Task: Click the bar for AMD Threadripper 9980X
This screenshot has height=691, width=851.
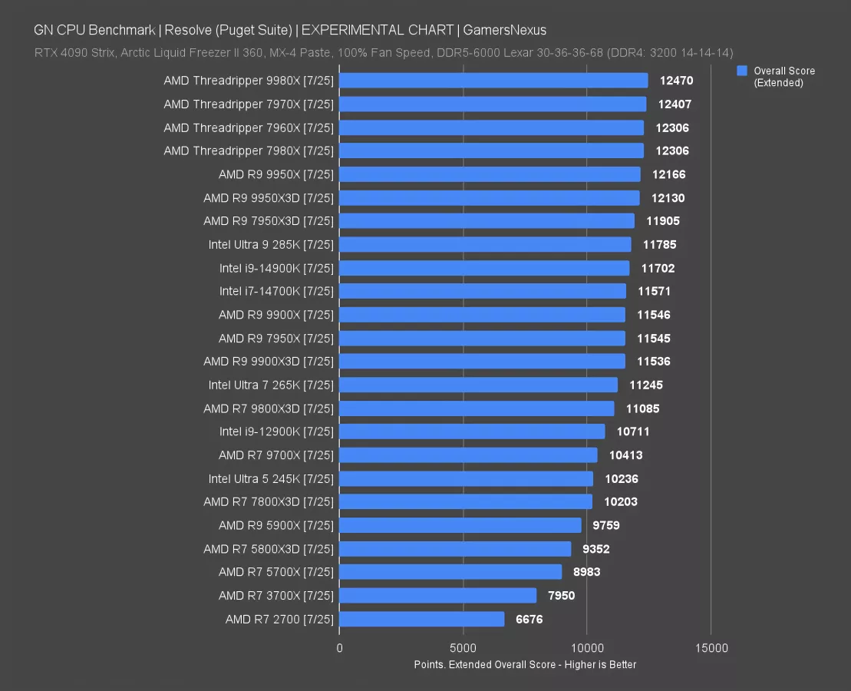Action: click(493, 81)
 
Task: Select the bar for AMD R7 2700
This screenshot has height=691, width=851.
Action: click(421, 619)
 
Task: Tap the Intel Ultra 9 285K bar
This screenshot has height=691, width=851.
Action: click(484, 245)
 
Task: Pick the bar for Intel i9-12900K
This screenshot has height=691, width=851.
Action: click(471, 431)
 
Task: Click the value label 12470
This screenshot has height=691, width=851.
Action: click(675, 81)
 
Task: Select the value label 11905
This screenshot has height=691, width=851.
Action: click(662, 221)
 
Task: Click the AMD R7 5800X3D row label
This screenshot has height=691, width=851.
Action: click(269, 549)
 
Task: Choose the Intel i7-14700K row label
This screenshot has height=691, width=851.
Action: click(276, 291)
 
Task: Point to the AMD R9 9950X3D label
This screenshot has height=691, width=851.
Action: click(269, 198)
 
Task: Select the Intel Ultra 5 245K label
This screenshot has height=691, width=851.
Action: click(271, 478)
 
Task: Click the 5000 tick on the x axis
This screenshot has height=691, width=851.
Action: click(463, 648)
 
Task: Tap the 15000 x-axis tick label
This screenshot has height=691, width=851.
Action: click(711, 648)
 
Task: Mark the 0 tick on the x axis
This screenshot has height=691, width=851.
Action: click(339, 648)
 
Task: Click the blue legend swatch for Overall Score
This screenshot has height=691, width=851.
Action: click(742, 71)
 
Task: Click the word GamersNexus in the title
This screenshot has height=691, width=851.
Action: click(504, 31)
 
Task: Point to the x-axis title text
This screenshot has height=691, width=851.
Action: click(525, 664)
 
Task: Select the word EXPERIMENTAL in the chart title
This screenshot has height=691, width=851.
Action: click(348, 31)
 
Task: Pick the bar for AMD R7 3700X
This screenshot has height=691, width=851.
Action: click(437, 595)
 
